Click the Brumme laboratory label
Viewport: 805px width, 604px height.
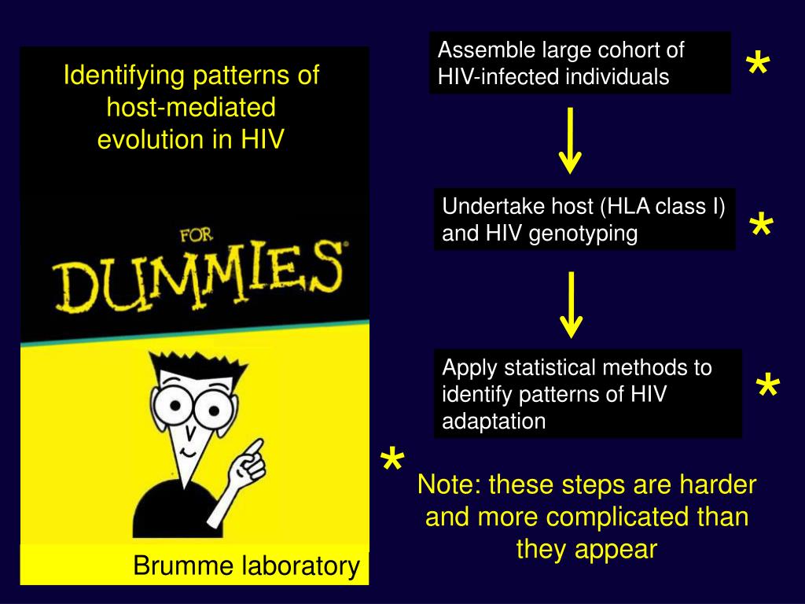pos(246,565)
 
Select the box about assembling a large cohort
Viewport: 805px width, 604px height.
pos(579,63)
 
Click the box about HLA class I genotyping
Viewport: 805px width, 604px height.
pos(584,219)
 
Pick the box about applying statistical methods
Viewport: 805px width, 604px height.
pos(587,393)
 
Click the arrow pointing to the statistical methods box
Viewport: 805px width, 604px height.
pos(571,304)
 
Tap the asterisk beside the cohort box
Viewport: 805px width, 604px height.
pos(757,68)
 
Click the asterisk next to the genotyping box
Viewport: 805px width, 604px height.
pos(760,229)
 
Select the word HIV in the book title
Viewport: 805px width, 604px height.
pos(263,139)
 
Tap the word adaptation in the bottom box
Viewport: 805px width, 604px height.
pos(494,422)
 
